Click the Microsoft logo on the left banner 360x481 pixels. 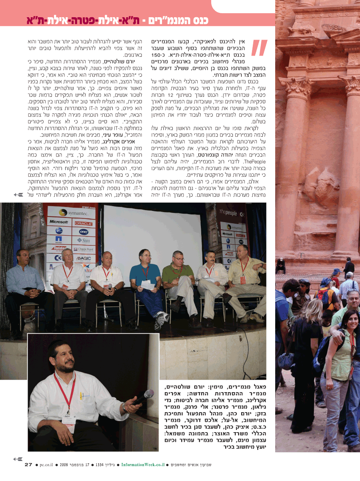(x=59, y=221)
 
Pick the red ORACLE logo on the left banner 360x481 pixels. (x=83, y=223)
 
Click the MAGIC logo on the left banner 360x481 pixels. (x=84, y=258)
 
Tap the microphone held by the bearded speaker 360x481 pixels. (x=143, y=397)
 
